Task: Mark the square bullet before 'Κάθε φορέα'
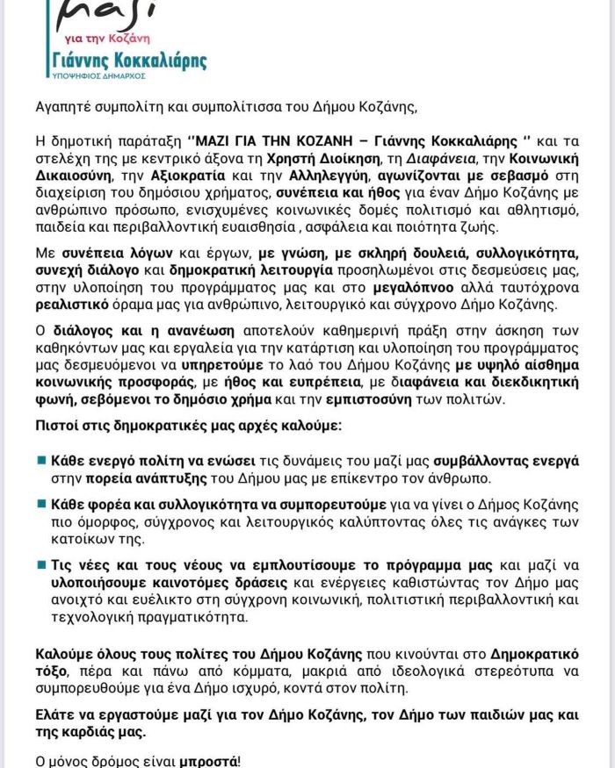[40, 504]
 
